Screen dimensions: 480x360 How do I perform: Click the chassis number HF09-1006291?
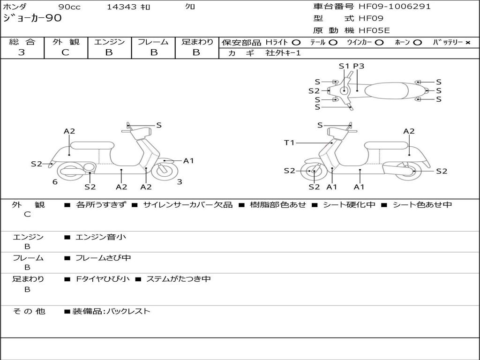394,7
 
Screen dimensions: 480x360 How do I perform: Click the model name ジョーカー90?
32,18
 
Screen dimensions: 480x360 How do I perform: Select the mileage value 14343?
121,7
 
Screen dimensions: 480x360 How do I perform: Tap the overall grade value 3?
22,52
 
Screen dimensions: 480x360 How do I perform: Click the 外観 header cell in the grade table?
66,42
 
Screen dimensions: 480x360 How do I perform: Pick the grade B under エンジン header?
109,52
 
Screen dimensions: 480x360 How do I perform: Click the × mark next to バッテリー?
467,42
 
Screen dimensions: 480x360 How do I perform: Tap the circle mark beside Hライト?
296,42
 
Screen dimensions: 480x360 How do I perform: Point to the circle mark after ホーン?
417,42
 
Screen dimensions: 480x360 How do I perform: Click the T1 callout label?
289,142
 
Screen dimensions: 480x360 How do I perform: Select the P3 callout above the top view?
359,66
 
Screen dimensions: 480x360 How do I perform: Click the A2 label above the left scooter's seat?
69,131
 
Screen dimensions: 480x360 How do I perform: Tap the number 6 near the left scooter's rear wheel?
55,182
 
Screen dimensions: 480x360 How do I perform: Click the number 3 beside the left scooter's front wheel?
180,182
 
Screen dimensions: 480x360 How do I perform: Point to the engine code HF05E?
374,31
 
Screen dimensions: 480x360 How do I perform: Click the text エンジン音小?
101,237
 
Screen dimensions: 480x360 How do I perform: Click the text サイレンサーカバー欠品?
187,205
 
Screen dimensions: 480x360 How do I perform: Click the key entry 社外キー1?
283,53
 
